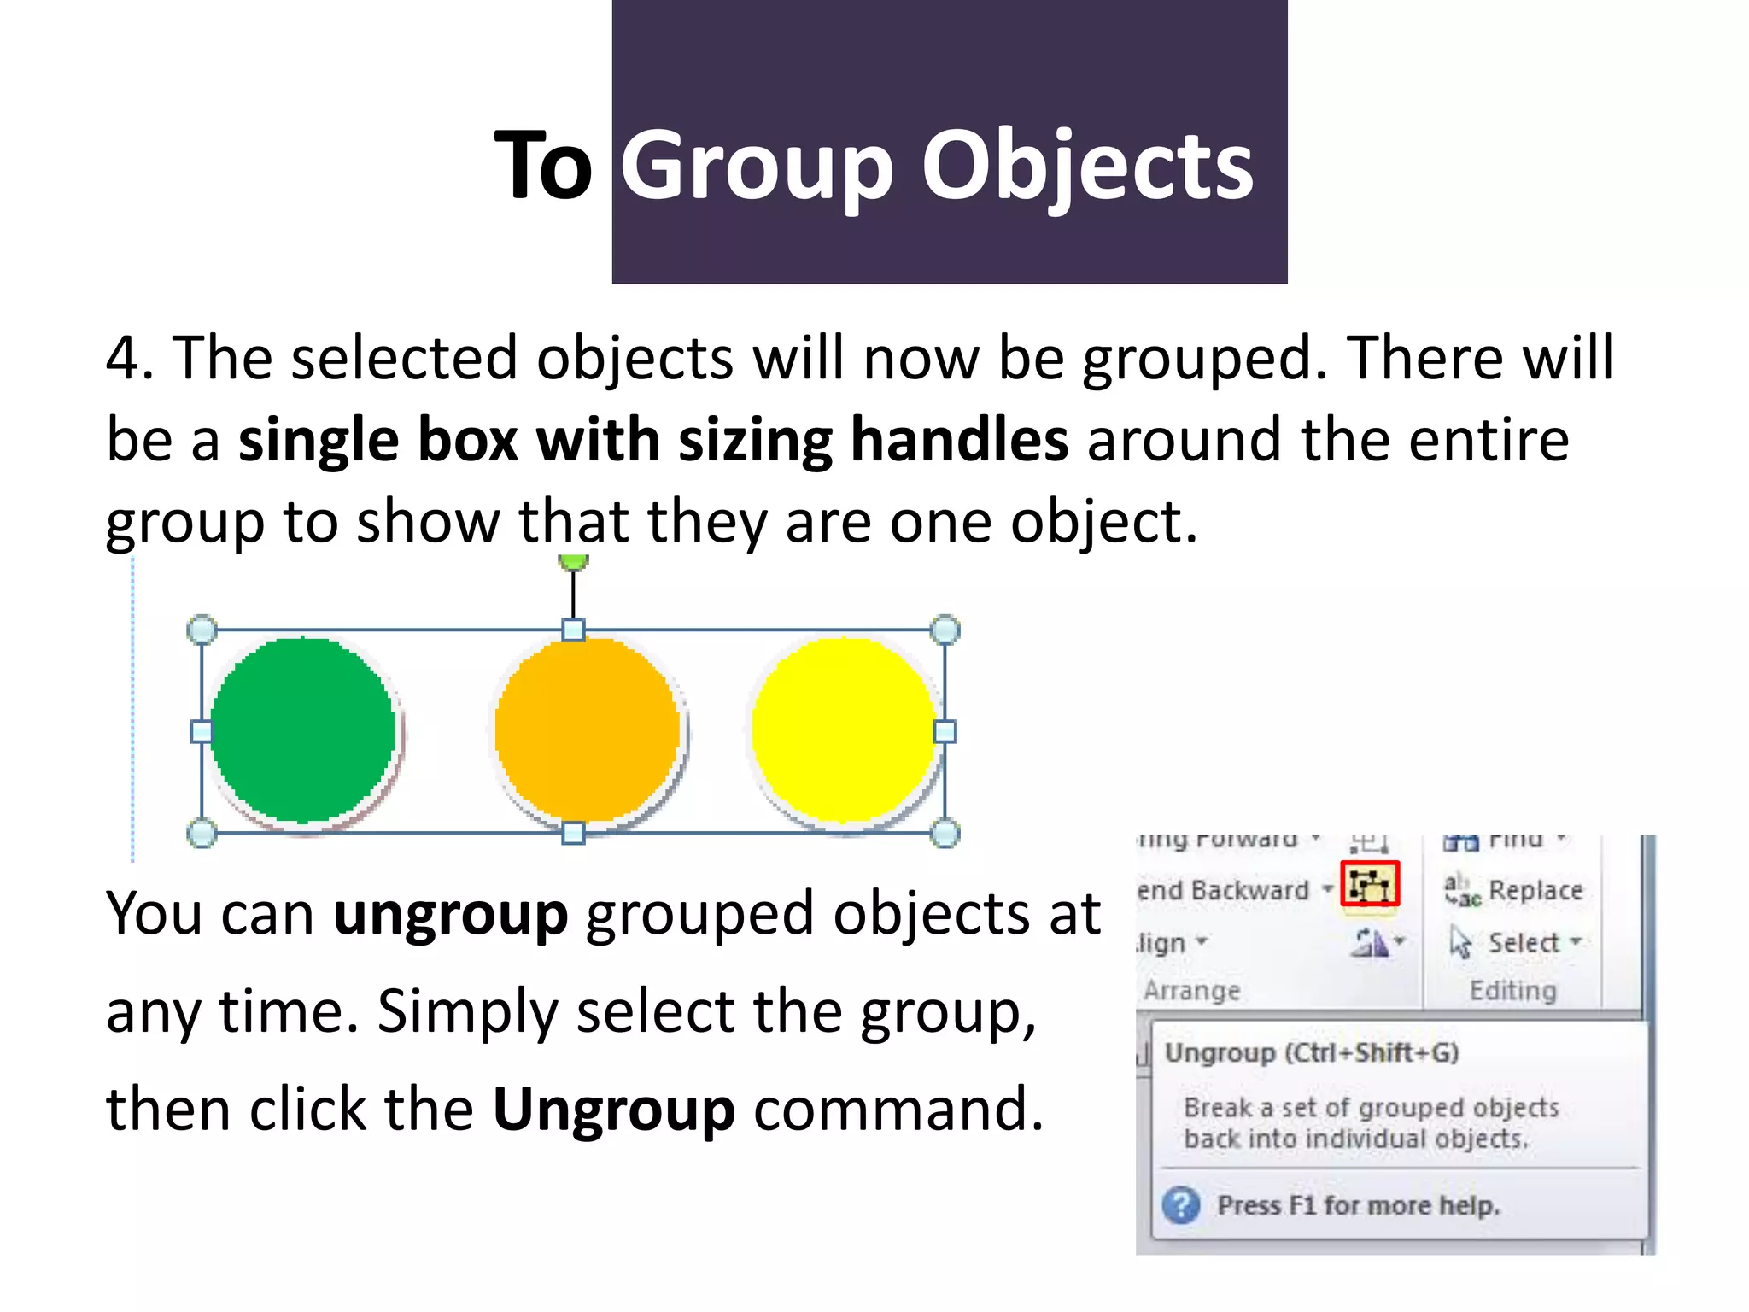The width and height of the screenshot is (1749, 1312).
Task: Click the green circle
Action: [x=303, y=730]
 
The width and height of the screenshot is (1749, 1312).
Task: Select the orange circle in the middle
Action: [x=588, y=729]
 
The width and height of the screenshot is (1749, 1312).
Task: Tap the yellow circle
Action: [x=844, y=729]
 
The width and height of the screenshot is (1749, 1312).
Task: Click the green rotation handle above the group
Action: [x=573, y=561]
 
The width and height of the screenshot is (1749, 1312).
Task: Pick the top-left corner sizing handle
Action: [x=202, y=630]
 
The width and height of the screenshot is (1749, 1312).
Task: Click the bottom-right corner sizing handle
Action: [x=945, y=833]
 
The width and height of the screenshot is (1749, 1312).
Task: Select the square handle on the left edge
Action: [x=202, y=731]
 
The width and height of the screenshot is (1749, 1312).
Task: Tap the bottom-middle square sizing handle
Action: [x=574, y=833]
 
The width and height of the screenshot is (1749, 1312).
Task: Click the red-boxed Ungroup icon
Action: [x=1370, y=885]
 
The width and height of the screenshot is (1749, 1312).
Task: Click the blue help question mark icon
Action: [x=1181, y=1205]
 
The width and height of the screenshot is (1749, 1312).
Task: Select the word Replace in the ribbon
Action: [x=1535, y=890]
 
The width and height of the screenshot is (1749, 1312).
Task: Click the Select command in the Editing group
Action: [x=1524, y=942]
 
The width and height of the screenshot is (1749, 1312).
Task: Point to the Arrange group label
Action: [x=1192, y=991]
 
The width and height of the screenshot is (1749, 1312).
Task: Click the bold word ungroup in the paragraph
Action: [x=450, y=914]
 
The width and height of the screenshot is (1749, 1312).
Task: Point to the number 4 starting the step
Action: [x=123, y=357]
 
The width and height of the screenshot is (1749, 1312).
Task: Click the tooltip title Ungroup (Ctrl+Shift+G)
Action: [x=1312, y=1052]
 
